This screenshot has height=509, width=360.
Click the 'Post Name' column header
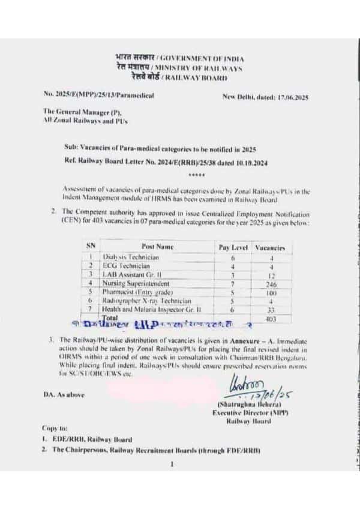(x=157, y=247)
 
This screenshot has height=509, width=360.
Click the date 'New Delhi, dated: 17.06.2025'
(x=265, y=96)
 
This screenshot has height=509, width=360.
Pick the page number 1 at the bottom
(x=172, y=464)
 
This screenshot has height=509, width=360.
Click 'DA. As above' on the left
(x=65, y=394)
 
